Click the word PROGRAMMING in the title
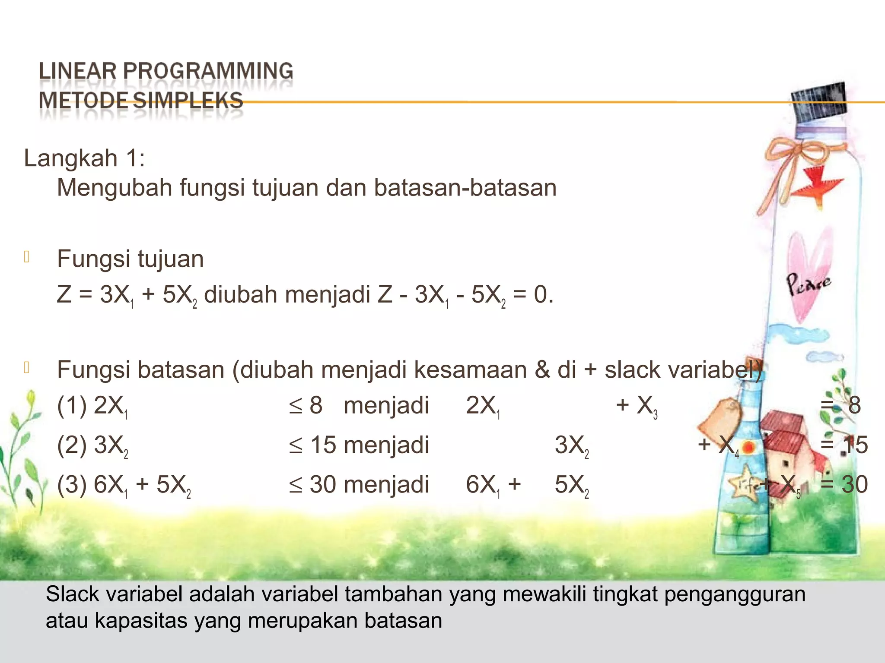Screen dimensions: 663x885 [208, 71]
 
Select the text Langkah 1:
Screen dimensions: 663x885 [84, 158]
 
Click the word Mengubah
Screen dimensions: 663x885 [115, 188]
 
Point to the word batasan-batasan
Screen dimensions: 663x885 [465, 188]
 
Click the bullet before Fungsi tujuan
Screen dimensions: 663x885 [27, 257]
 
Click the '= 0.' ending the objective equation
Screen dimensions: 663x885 [533, 295]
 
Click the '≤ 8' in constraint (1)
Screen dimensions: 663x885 [306, 406]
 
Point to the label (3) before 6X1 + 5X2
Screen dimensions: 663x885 [72, 485]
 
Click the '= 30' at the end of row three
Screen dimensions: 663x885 [844, 485]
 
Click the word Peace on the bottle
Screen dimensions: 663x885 [807, 284]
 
